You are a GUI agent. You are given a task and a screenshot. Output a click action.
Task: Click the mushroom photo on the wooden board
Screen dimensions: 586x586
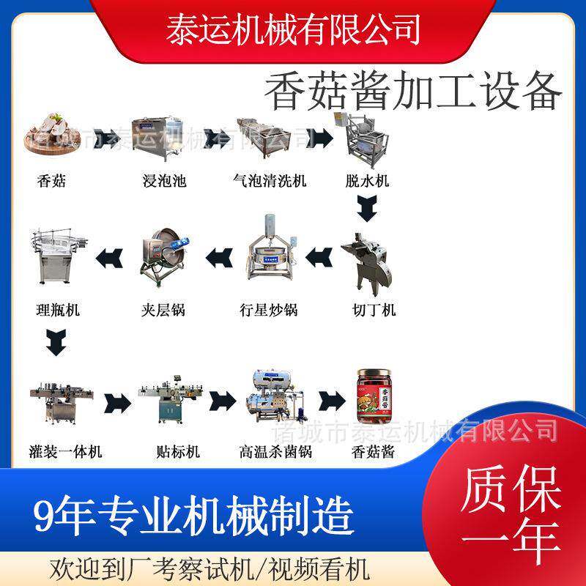(x=52, y=133)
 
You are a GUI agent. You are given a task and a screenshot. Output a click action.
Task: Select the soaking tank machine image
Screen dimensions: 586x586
(x=157, y=137)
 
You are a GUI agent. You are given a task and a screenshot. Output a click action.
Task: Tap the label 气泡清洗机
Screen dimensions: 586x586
(x=270, y=181)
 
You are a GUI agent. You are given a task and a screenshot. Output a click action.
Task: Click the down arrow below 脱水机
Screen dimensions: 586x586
(x=367, y=209)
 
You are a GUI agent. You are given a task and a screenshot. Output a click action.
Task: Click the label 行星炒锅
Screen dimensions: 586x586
(x=269, y=310)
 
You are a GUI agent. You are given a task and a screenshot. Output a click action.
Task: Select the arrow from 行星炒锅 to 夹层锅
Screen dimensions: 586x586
(x=219, y=258)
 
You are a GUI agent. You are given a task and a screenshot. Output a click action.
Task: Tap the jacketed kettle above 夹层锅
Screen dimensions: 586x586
(x=164, y=256)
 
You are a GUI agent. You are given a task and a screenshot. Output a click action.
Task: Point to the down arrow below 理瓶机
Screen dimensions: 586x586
(x=56, y=342)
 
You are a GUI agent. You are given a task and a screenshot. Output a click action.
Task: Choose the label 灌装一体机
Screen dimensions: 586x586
(x=65, y=451)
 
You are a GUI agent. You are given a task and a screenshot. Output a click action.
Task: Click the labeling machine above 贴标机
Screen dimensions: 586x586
(x=171, y=399)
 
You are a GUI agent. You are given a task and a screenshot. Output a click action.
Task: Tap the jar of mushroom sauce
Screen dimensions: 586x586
(x=374, y=396)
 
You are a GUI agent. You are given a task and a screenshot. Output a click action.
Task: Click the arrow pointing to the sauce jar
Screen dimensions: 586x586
(x=332, y=401)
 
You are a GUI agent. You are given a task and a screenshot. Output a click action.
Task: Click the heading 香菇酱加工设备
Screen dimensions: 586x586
(x=413, y=91)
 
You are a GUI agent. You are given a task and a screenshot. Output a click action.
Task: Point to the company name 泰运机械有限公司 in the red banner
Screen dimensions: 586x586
(x=293, y=29)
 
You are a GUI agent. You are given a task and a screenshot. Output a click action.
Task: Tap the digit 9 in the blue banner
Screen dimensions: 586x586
(x=45, y=515)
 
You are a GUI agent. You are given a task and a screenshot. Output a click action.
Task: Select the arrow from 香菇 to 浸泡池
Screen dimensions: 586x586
(x=107, y=138)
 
